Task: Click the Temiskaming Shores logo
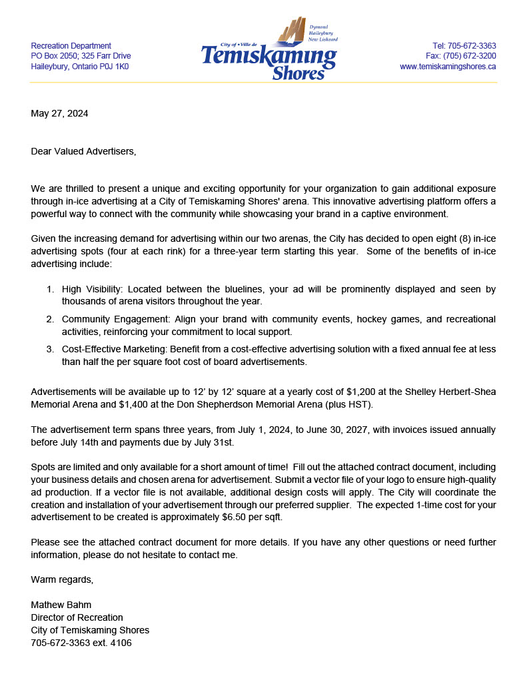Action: coord(269,50)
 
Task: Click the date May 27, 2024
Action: coord(59,113)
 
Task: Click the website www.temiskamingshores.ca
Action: coord(448,67)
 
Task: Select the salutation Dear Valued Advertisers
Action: coord(83,151)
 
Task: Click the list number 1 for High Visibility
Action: coord(50,289)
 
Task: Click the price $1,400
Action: coord(133,404)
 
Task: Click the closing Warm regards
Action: coord(62,580)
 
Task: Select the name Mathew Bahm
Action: coord(61,605)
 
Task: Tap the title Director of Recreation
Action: coord(77,618)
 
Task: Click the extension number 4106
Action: coord(120,643)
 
